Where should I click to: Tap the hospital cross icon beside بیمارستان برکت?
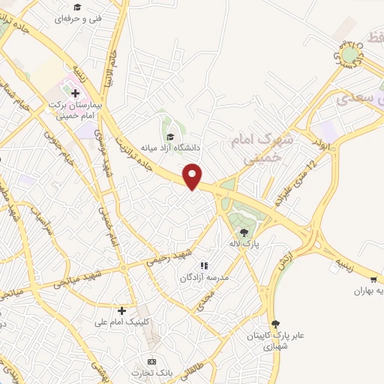75,93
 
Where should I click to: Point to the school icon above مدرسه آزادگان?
202,265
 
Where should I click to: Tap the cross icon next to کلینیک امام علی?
121,310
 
